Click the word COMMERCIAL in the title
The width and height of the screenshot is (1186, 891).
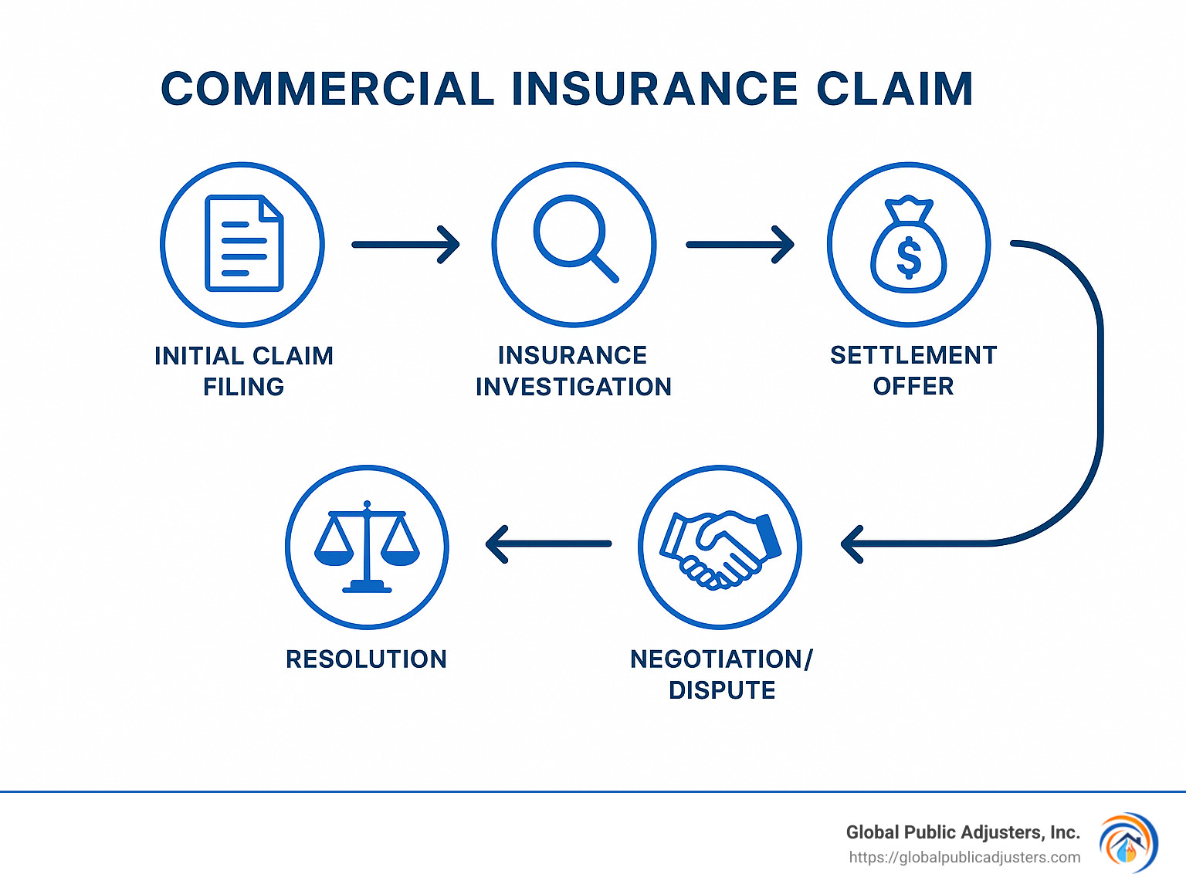tap(327, 89)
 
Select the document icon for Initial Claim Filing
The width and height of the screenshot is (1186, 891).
tap(243, 244)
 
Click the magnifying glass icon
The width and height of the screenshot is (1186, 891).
tap(574, 238)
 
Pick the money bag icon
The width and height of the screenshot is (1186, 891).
tap(909, 245)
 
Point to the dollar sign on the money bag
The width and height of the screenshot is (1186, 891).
tap(909, 257)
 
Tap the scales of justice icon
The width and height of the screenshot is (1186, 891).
tap(367, 547)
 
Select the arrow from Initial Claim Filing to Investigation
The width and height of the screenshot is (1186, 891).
tap(406, 245)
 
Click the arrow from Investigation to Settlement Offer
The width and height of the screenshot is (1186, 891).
tap(740, 245)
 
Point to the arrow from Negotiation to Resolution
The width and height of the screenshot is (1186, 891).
tap(548, 544)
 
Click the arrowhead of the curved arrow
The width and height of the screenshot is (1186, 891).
tap(852, 544)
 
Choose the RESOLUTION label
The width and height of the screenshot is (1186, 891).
tap(366, 659)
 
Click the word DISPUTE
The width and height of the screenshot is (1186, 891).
tap(722, 690)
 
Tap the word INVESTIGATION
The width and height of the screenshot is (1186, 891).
tap(574, 387)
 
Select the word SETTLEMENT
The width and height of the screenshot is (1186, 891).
tap(913, 355)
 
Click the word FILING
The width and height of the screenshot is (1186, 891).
tap(243, 387)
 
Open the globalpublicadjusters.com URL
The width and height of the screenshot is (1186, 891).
tap(964, 858)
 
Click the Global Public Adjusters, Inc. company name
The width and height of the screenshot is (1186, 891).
tap(962, 832)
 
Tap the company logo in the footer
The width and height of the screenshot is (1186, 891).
tap(1128, 843)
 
